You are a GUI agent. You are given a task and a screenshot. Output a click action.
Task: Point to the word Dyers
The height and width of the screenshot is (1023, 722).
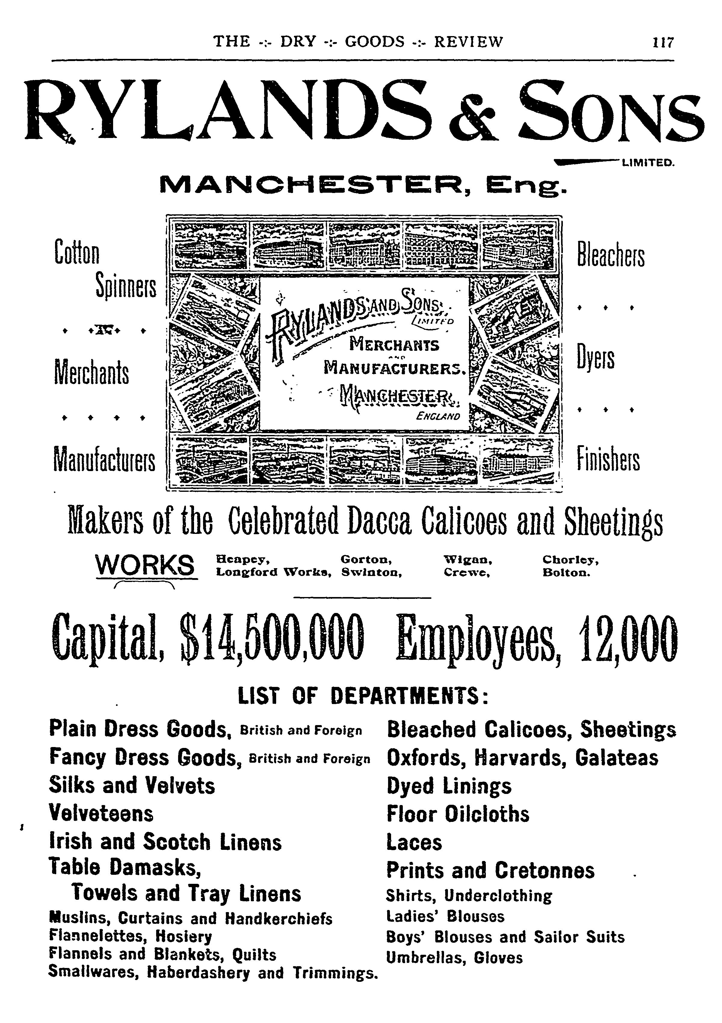[x=595, y=358]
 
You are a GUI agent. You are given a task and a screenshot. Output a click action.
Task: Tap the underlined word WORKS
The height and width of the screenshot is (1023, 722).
[x=145, y=565]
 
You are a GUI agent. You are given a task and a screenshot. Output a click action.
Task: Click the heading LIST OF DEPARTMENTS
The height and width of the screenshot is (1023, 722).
[x=363, y=696]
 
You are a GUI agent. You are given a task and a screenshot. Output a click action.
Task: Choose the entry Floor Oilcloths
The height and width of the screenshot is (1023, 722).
[x=458, y=814]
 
